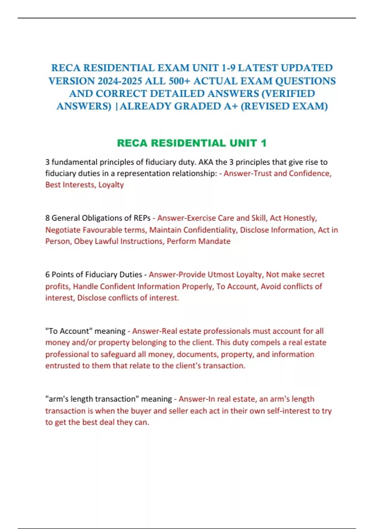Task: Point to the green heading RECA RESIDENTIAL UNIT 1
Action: tap(192, 143)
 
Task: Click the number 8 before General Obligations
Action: tap(47, 218)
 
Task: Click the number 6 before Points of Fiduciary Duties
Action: tap(47, 275)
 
